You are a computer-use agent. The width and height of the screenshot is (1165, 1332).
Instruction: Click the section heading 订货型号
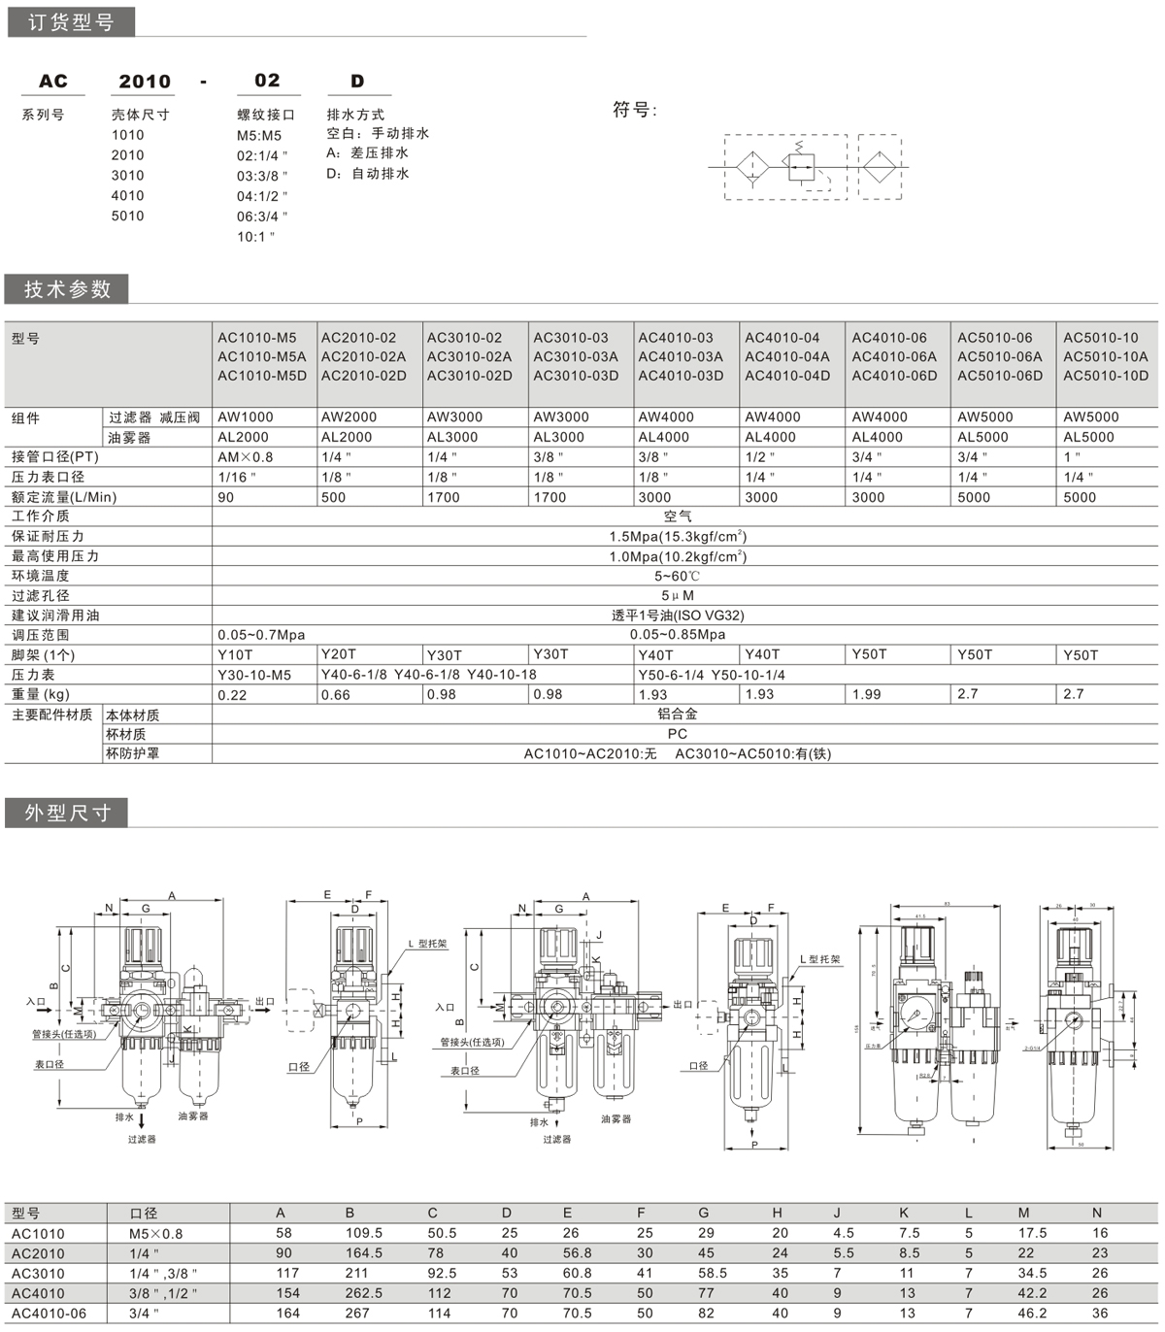coord(70,21)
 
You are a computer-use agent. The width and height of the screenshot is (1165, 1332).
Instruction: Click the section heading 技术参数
coord(68,289)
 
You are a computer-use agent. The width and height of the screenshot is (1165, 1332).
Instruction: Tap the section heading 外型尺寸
coord(68,813)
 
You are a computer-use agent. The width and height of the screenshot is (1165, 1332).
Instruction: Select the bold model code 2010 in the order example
coord(145,82)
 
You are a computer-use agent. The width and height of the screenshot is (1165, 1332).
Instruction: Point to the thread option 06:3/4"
coord(262,216)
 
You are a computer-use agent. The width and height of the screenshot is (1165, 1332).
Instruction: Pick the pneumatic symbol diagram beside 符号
coord(813,167)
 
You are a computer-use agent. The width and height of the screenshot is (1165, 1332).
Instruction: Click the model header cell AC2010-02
coord(359,338)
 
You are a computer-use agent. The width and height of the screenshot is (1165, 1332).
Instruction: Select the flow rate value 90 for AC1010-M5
coord(226,497)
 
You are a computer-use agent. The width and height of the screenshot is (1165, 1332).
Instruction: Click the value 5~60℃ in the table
coord(677,576)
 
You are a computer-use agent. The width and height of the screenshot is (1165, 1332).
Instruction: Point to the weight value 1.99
coord(868,694)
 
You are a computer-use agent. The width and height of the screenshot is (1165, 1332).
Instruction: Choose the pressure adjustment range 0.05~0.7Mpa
coord(261,635)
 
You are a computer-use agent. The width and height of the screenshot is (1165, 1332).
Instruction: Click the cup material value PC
coord(677,734)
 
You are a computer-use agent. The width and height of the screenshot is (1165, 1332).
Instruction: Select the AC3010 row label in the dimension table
coord(38,1273)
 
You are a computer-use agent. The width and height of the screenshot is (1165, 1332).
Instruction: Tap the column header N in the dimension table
coord(1097,1213)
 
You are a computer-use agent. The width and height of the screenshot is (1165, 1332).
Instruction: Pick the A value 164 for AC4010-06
coord(284,1314)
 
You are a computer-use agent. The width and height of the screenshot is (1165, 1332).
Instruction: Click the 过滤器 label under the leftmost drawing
coord(142,1139)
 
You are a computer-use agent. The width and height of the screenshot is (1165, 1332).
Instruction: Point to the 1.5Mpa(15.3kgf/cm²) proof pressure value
coord(678,536)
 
